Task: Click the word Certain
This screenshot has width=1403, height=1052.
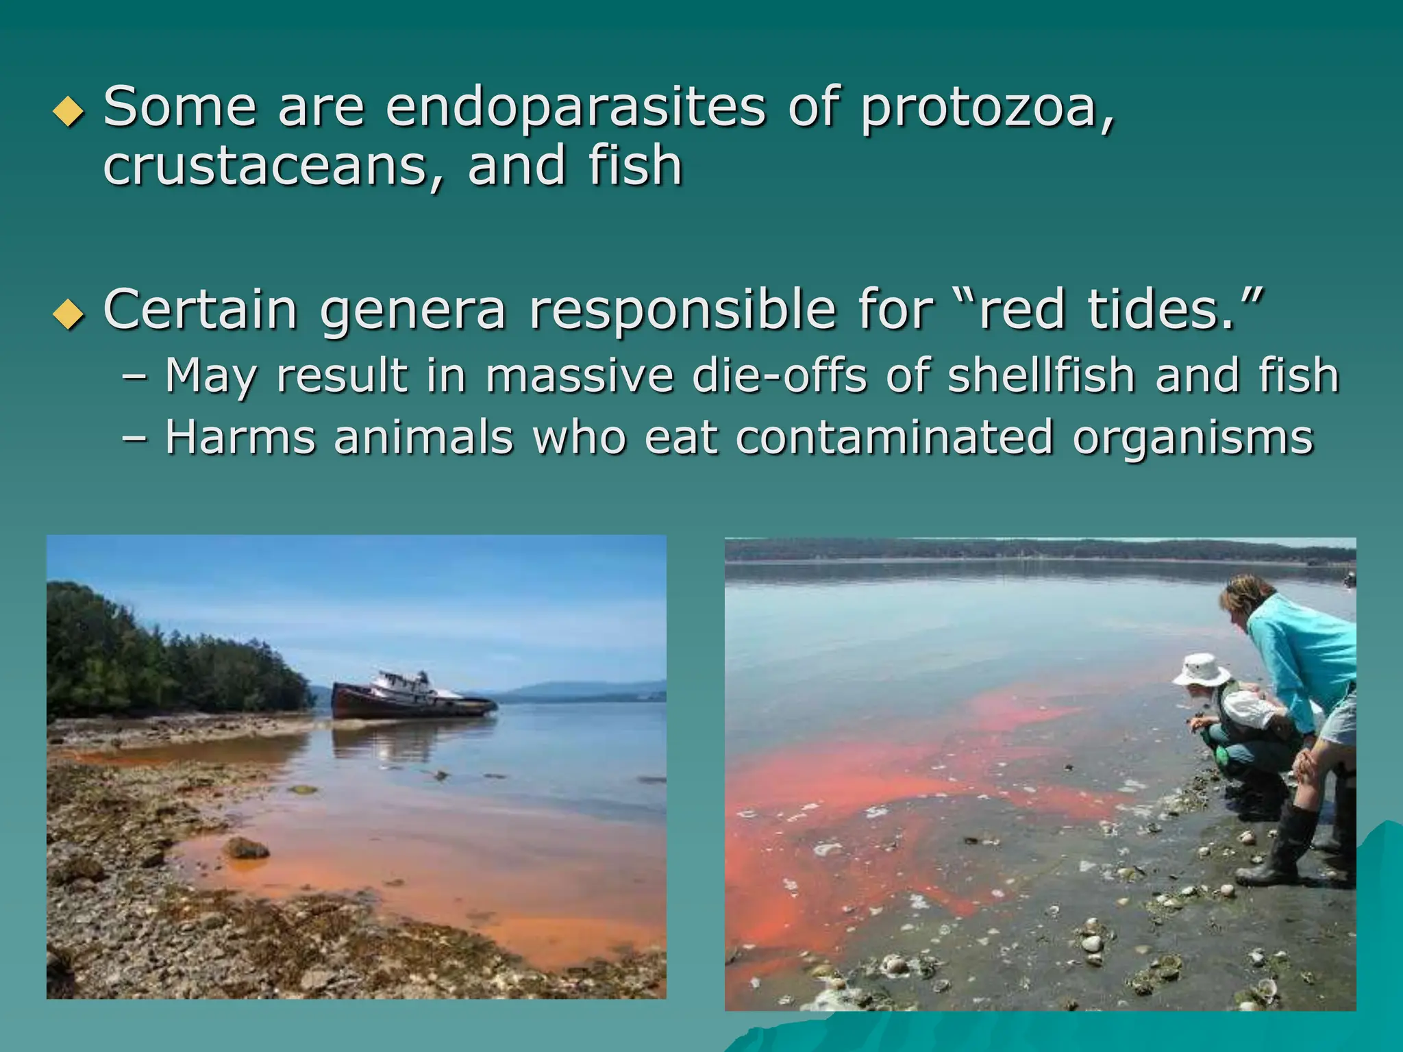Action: coord(200,310)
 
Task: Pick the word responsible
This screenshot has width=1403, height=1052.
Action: coord(682,311)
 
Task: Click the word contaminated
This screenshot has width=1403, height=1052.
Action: coord(894,438)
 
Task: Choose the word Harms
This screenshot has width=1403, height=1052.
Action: coord(240,438)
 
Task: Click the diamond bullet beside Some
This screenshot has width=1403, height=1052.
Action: coord(69,112)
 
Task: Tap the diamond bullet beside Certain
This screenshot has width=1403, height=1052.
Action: coord(69,314)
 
